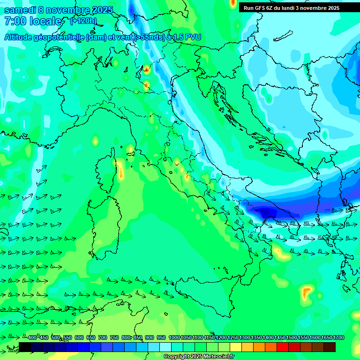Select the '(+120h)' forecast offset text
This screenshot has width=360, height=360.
coord(84,21)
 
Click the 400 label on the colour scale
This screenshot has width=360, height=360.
coord(32,337)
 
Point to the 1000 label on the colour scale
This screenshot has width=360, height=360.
coord(174,337)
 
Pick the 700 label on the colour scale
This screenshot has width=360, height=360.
coord(103,337)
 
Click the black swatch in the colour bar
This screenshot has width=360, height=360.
coord(25,347)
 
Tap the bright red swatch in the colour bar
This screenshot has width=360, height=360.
coord(283,347)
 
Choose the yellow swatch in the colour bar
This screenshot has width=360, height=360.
coord(236,347)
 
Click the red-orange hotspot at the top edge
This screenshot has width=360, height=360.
coord(233,3)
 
